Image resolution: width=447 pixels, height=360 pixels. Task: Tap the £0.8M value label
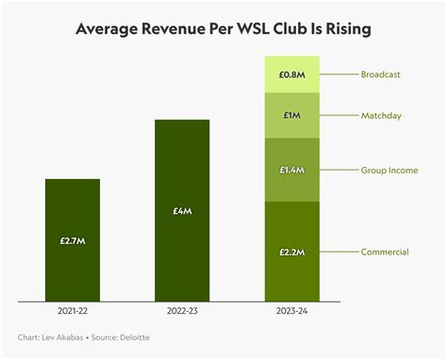pyautogui.click(x=291, y=74)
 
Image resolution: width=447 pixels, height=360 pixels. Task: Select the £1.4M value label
pyautogui.click(x=291, y=171)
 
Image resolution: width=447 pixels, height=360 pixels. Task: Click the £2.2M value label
pyautogui.click(x=291, y=252)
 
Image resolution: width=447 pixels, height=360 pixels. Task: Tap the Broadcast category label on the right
pyautogui.click(x=380, y=74)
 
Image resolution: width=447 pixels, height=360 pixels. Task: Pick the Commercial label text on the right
pyautogui.click(x=384, y=252)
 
